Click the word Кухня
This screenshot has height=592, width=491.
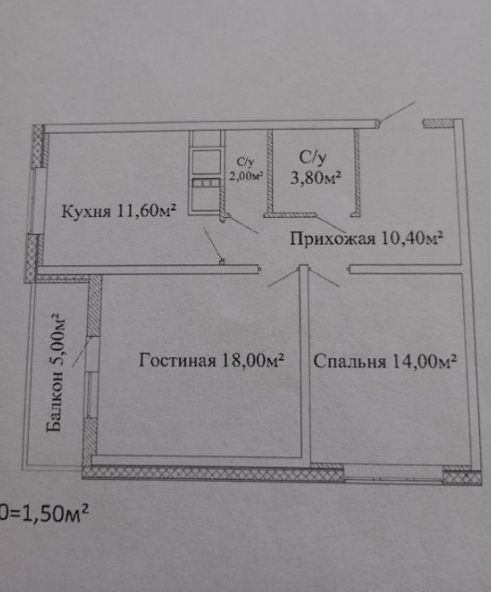pos(86,211)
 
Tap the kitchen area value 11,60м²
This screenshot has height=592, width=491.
pos(147,210)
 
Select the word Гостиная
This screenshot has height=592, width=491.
pos(177,360)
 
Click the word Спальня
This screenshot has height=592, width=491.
pos(350,361)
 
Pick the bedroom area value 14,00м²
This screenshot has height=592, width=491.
pos(425,361)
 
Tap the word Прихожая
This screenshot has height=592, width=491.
pos(332,239)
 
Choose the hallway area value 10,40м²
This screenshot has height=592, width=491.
pos(412,238)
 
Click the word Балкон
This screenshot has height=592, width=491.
pos(54,402)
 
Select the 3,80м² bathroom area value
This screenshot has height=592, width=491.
pos(316,177)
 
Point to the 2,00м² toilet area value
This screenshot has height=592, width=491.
pos(246,175)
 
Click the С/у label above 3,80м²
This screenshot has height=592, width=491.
pos(313,158)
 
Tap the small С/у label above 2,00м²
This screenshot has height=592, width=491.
pos(245,162)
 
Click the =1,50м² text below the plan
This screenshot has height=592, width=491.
pos(45,513)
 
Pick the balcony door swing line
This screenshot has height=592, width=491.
pos(80,353)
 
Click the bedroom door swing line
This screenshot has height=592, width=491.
pos(324,277)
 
